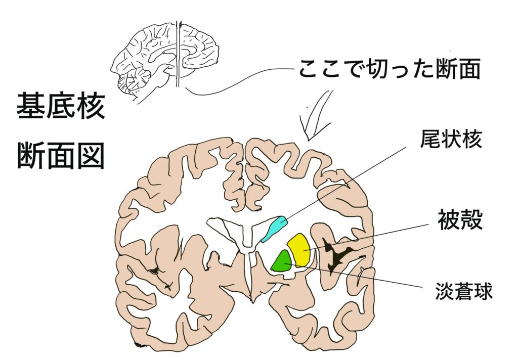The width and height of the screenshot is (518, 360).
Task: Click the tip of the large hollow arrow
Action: tap(308, 141)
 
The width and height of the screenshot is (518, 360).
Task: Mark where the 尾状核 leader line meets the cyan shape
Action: tap(283, 220)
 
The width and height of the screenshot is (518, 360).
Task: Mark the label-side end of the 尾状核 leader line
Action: tap(406, 148)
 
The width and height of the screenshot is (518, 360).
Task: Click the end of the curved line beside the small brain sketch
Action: tap(186, 88)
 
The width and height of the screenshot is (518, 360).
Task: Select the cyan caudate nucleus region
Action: tap(275, 229)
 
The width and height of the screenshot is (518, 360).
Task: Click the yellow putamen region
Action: tap(298, 250)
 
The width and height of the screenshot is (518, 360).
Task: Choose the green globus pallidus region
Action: tap(281, 261)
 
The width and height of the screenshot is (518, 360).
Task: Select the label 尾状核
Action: tap(451, 139)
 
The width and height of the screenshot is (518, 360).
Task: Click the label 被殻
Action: tap(460, 219)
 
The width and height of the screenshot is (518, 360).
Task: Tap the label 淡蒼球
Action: tap(464, 291)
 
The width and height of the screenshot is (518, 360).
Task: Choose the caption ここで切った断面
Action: tap(390, 69)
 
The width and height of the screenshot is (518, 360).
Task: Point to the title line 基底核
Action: tap(61, 106)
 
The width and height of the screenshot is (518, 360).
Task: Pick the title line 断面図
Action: tap(61, 156)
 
